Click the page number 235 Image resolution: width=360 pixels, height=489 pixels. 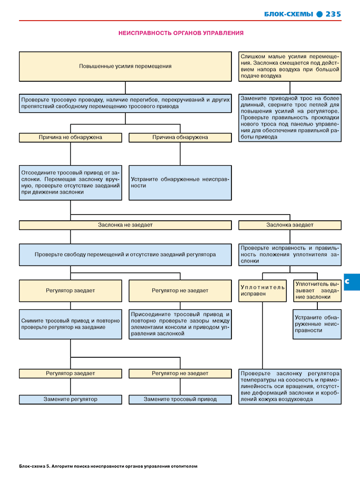pos(333,14)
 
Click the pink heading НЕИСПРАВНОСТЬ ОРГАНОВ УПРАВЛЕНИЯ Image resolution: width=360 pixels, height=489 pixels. pos(181,33)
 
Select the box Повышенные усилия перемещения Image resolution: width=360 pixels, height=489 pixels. pos(125,66)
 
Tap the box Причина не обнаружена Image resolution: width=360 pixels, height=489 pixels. pos(70,137)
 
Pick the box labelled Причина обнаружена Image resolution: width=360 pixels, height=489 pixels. pos(180,137)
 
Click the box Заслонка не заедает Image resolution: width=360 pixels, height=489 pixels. pos(125,225)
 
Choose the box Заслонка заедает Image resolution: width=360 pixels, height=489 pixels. pos(290,225)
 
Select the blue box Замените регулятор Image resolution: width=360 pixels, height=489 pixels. pos(70,399)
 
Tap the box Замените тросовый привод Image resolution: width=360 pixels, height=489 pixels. pos(180,399)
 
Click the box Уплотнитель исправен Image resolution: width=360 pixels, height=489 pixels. pos(262,291)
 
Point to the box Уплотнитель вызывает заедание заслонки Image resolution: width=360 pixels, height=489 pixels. pos(317,291)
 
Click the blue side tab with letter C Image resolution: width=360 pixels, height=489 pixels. pos(352,282)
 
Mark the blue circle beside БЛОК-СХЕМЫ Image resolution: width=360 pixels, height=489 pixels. pos(319,14)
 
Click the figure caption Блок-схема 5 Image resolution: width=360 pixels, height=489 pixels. pos(108,466)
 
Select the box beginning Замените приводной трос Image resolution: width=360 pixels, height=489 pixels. pos(290,118)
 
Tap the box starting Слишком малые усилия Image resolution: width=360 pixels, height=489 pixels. pos(290,66)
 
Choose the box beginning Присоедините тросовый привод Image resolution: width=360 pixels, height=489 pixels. pos(180,324)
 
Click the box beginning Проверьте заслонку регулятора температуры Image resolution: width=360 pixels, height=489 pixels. pos(290,387)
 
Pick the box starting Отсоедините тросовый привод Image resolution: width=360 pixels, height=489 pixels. pos(70,183)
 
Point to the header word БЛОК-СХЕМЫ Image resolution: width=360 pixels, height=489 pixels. pos(289,14)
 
